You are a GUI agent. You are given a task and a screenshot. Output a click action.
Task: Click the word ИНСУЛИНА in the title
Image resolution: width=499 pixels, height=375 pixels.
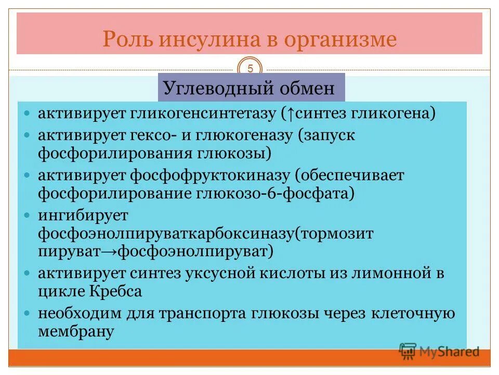coord(201,40)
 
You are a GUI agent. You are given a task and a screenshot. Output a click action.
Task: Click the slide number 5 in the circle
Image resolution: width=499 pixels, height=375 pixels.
coord(250,68)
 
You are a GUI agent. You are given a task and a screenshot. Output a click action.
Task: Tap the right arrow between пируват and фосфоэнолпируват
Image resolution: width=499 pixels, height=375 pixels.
coord(108,252)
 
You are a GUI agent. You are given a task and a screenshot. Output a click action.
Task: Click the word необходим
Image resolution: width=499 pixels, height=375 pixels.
coord(80,314)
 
